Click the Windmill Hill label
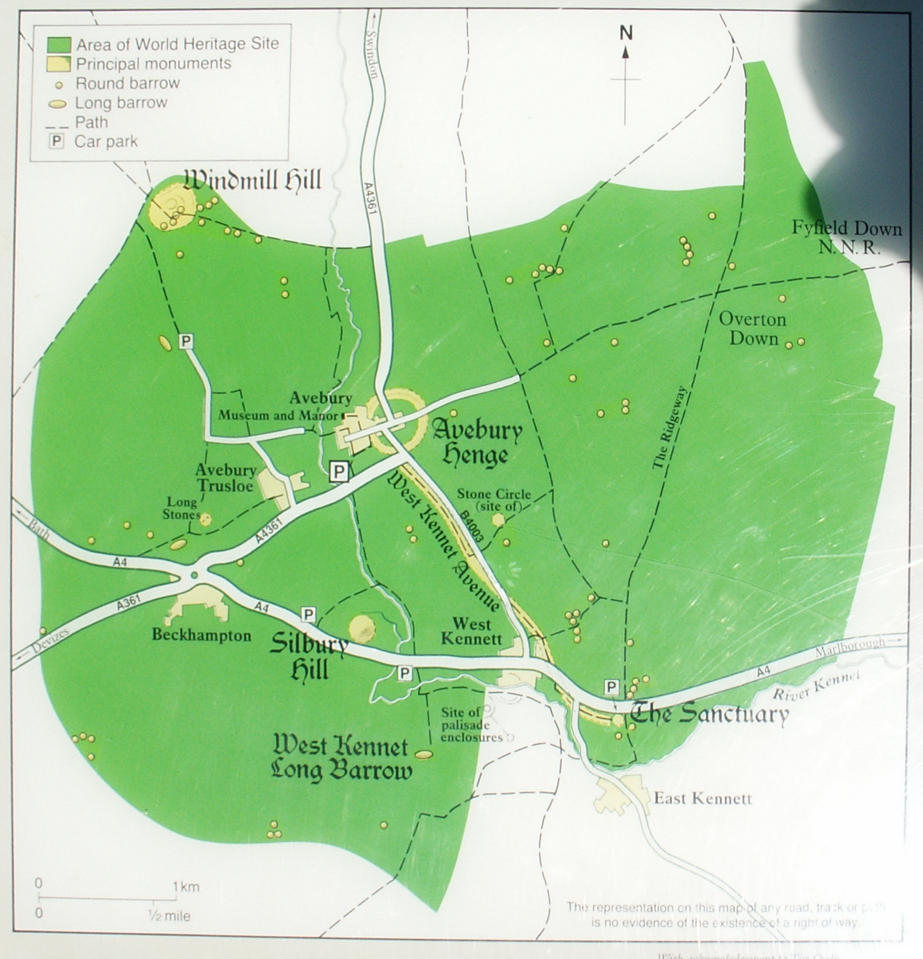253,180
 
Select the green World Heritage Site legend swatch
59,44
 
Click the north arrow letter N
625,33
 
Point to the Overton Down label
753,329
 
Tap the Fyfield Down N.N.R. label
847,237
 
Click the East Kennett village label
702,799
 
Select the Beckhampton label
201,635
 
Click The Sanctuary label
709,714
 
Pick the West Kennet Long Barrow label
341,759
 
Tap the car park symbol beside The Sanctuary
611,686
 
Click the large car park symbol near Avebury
339,471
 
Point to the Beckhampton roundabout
194,574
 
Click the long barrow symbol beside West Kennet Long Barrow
423,754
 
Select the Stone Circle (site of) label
494,500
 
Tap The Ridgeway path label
669,428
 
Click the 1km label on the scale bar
186,887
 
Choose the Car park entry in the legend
106,141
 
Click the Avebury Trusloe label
226,478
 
